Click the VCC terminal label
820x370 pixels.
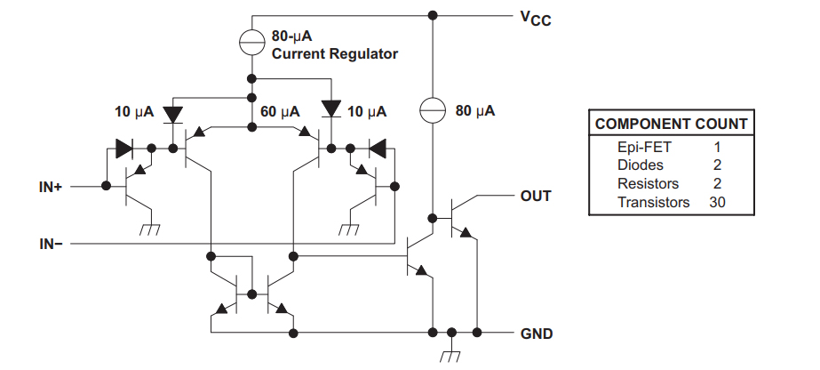point(535,18)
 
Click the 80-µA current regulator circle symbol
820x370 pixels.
point(252,42)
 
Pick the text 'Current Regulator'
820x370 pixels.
point(334,54)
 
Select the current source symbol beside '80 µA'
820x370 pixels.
point(432,111)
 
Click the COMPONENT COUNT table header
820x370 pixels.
point(671,125)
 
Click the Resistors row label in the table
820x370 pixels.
point(649,184)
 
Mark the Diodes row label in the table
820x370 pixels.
point(640,165)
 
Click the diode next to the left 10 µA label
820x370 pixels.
point(172,112)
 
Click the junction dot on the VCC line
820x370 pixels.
point(433,15)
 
